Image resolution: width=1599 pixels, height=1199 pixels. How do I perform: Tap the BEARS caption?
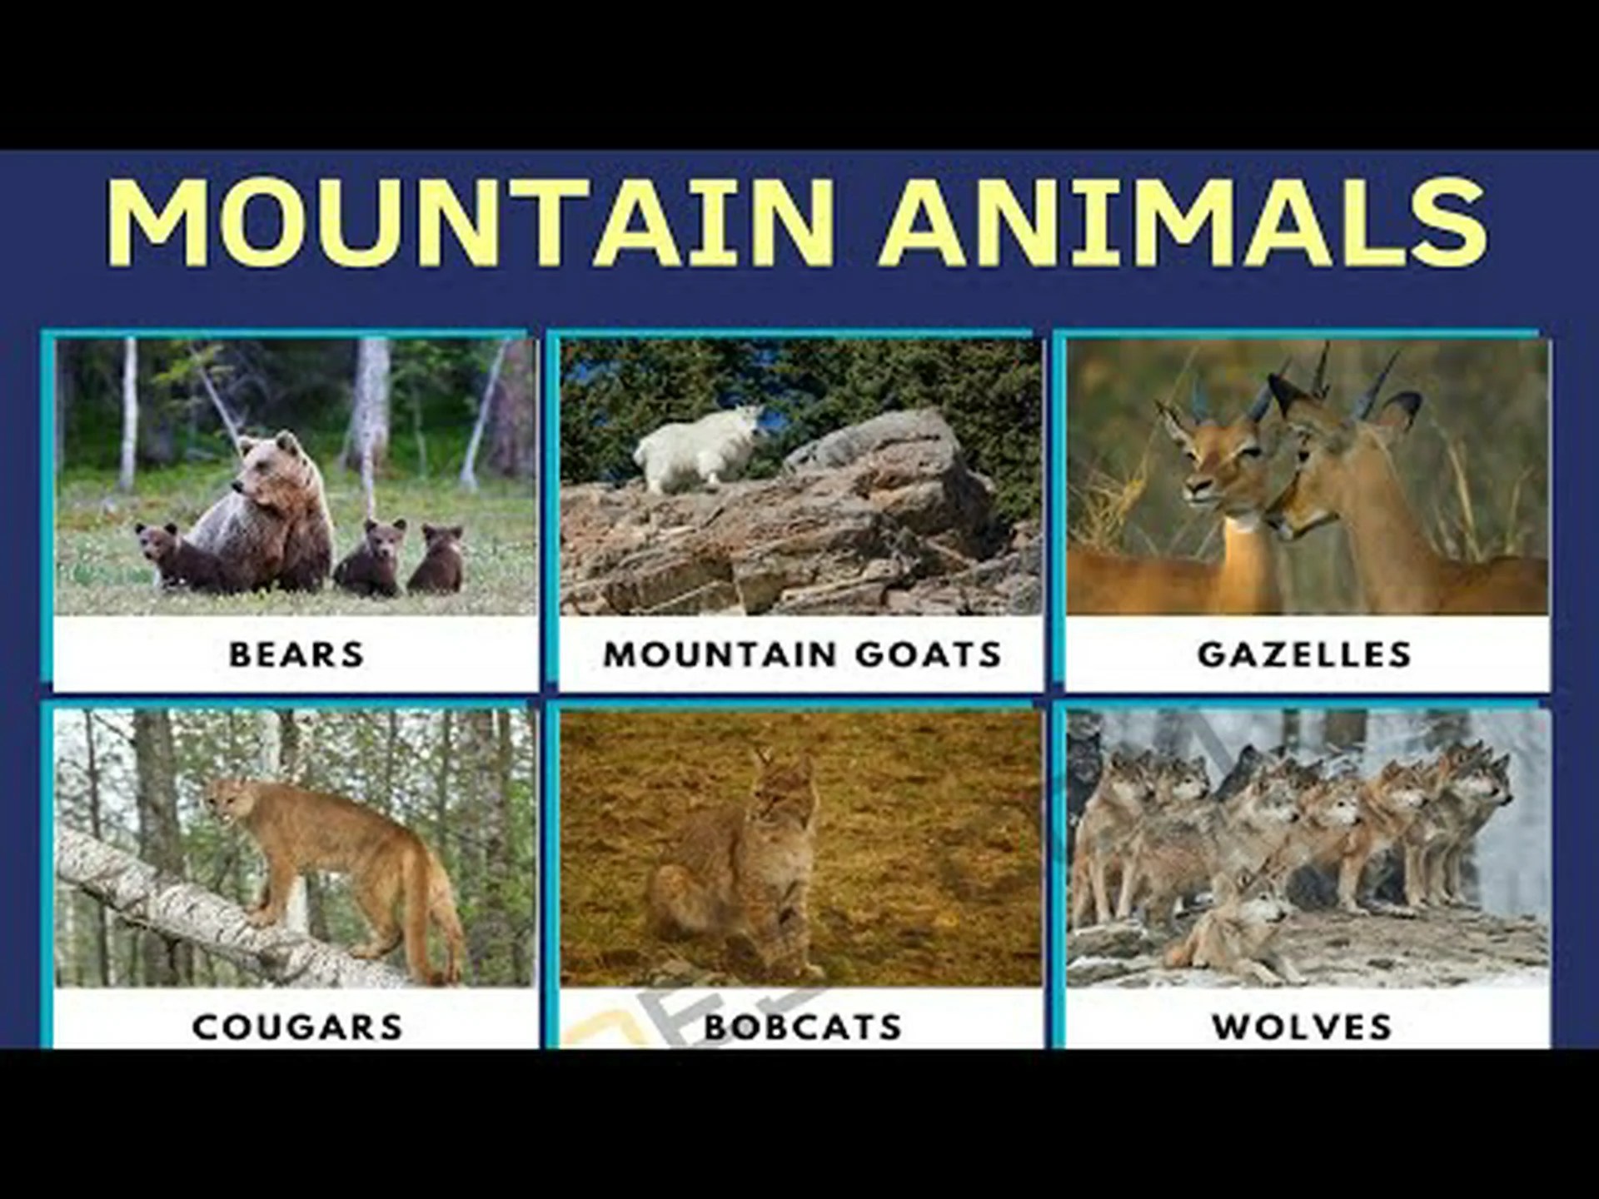[296, 654]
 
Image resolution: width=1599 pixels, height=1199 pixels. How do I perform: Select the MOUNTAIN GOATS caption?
[802, 654]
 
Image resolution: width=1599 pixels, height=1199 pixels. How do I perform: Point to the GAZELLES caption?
[1305, 654]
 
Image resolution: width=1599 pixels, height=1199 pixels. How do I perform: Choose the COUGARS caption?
[297, 1027]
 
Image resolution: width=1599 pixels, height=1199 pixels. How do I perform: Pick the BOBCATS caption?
[803, 1027]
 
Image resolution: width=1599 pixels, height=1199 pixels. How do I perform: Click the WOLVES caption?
[1303, 1027]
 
